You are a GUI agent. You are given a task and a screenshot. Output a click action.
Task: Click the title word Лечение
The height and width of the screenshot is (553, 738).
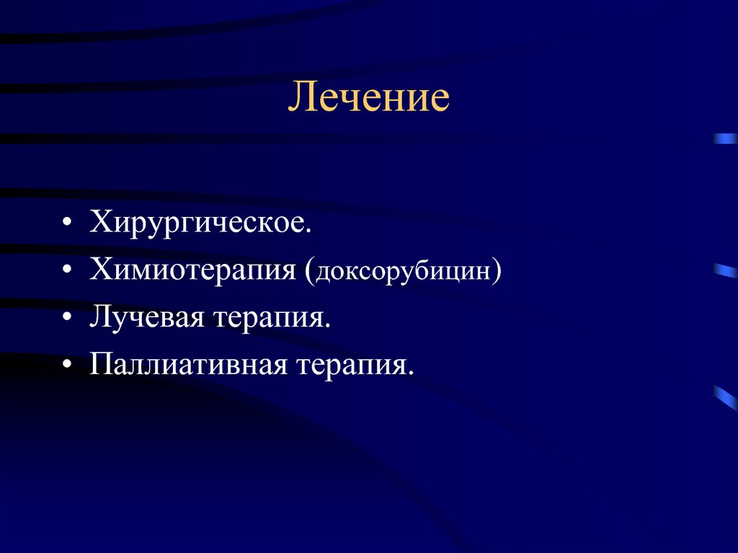(368, 98)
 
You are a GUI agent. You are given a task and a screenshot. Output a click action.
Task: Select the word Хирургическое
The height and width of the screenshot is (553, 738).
(199, 223)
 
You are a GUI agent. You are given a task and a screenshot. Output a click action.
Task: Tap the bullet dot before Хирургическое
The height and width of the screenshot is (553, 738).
(67, 224)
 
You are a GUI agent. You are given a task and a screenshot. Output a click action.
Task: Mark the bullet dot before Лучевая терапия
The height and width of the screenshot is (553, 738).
(67, 318)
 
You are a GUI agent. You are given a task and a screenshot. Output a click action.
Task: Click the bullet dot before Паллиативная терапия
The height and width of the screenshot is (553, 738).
(67, 365)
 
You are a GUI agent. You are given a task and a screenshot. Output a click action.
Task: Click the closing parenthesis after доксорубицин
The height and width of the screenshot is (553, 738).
(497, 273)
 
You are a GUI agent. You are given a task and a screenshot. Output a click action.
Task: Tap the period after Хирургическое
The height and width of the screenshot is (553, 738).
(310, 231)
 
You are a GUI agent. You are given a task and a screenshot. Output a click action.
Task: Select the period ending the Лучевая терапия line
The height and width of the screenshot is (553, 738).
(327, 325)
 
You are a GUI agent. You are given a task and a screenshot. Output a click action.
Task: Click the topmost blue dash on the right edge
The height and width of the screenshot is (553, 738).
(725, 139)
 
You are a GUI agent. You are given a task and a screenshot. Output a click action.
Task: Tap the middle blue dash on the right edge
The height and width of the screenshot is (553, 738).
(725, 271)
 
